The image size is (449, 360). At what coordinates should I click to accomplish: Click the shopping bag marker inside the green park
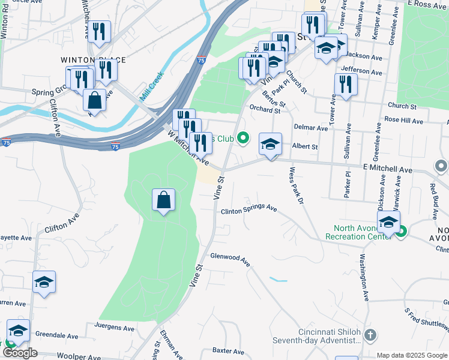tap(164, 200)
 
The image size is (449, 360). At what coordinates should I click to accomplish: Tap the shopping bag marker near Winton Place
tap(94, 99)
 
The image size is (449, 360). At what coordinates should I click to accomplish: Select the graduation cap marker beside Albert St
tap(271, 144)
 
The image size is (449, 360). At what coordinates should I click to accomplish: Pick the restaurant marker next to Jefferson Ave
tap(345, 85)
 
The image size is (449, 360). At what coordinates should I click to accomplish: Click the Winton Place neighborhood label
tap(93, 60)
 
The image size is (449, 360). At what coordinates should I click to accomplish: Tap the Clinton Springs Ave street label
tap(249, 210)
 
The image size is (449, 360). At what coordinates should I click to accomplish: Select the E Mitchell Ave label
tap(388, 169)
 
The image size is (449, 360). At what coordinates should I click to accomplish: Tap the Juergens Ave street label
tap(115, 328)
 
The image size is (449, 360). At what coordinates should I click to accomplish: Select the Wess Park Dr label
tap(296, 185)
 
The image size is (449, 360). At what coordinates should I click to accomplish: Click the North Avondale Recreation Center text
tap(359, 232)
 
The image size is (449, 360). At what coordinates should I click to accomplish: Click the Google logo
tap(20, 353)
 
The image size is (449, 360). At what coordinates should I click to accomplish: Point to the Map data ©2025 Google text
tap(411, 355)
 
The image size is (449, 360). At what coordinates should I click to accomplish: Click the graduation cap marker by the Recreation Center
tap(388, 222)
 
